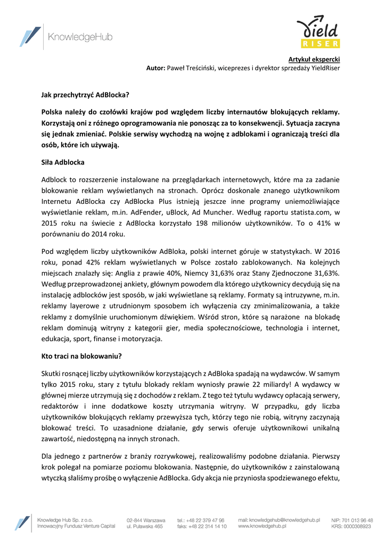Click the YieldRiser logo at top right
(318, 33)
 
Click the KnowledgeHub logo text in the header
(80, 37)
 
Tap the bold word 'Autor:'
(156, 68)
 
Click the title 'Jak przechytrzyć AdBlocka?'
(85, 95)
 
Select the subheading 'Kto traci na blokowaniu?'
(82, 356)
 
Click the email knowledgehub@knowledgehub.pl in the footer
(279, 519)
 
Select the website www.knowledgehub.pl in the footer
(262, 526)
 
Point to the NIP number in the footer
(351, 519)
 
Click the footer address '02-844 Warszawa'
(145, 519)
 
